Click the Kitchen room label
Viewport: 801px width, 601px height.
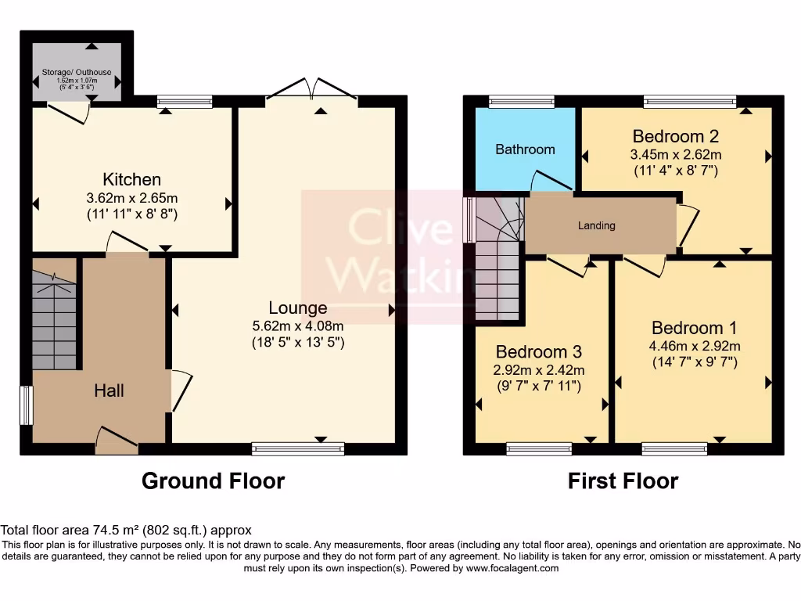131,179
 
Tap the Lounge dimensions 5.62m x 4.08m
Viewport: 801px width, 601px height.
298,326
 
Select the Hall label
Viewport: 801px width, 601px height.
109,391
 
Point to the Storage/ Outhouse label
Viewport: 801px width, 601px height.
77,73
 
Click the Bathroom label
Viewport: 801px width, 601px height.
525,149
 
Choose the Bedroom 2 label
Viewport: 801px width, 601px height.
675,136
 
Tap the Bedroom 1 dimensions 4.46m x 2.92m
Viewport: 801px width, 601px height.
695,346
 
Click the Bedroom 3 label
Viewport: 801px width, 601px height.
539,351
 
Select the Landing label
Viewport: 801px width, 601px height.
597,225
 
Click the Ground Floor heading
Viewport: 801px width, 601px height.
213,481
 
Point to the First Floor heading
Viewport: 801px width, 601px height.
623,481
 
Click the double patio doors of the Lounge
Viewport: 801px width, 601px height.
311,88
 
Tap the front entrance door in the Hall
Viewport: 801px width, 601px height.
117,441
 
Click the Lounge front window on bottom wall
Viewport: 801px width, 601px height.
298,448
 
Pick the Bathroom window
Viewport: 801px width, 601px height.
522,102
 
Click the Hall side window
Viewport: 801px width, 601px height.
27,405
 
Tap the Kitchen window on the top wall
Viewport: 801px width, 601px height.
185,102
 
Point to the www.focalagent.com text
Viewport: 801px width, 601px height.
512,568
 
